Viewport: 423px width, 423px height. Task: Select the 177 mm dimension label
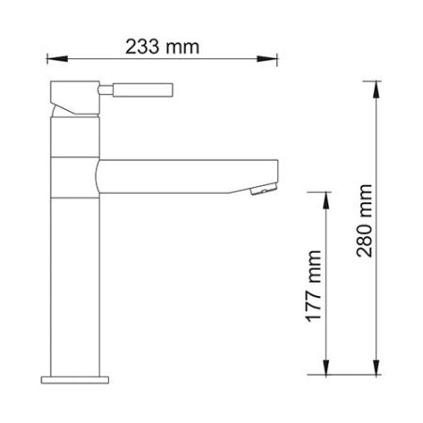314,284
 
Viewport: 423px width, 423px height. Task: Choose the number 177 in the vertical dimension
314,295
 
